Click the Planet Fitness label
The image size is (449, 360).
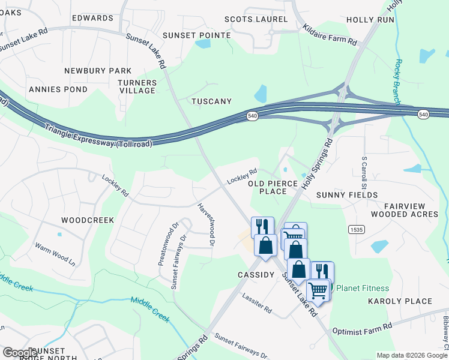coord(362,288)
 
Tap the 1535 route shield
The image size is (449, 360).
coord(356,229)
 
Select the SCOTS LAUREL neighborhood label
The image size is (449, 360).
coord(256,19)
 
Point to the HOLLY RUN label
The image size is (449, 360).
coord(370,20)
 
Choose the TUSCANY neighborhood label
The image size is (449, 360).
coord(211,101)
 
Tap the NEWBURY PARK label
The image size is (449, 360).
coord(98,71)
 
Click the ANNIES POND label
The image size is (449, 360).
coord(58,89)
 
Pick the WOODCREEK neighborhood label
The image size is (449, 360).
coord(88,220)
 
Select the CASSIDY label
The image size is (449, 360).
coord(255,274)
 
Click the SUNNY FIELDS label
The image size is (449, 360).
coord(347,195)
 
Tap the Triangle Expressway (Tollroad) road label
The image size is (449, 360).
coord(99,135)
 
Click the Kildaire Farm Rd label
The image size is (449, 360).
coord(330,36)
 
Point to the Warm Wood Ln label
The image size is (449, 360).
coord(55,254)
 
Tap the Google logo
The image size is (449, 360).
coord(19,353)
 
